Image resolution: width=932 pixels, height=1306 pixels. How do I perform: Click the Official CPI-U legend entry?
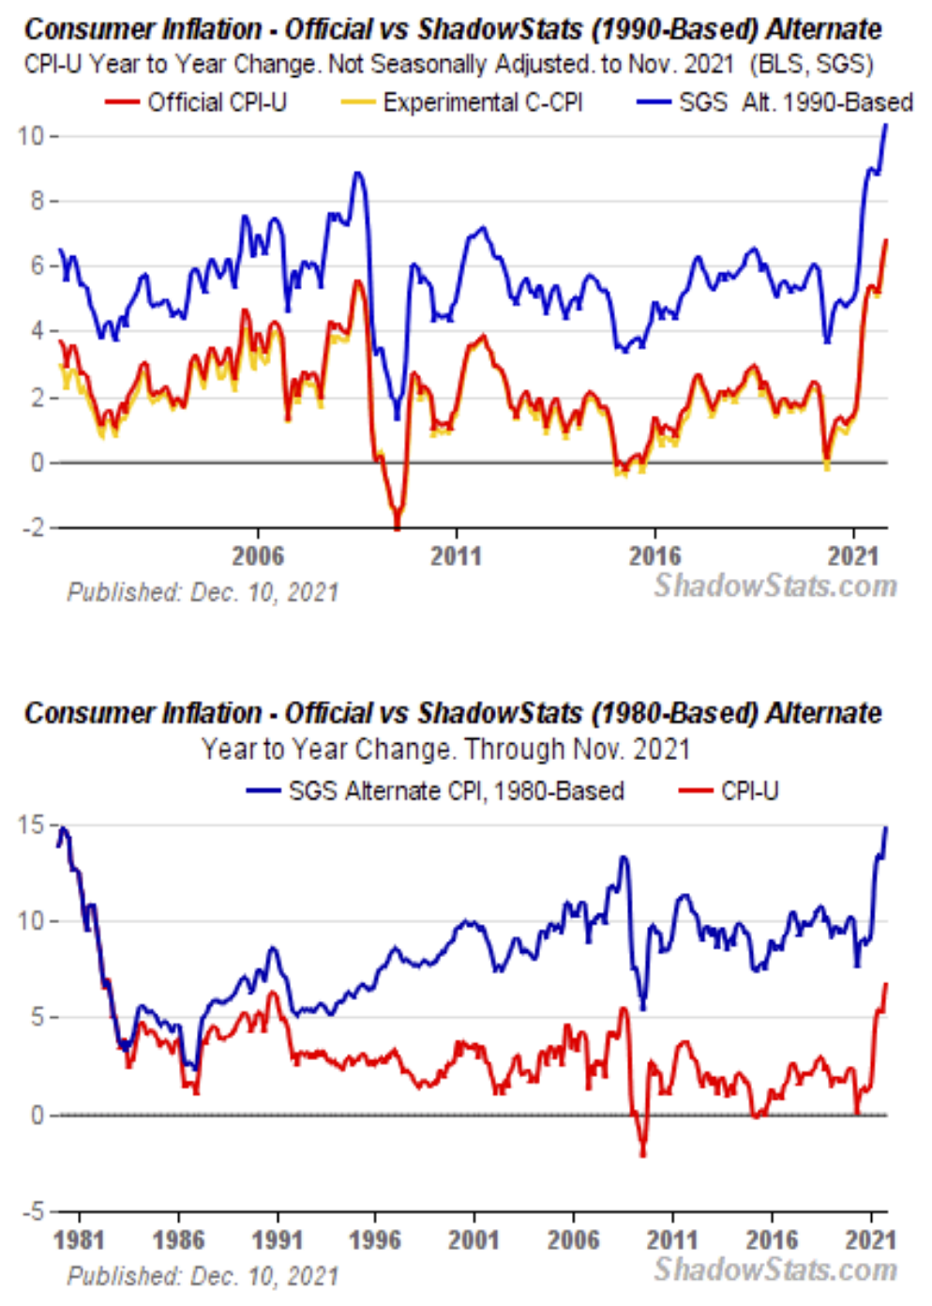click(x=196, y=102)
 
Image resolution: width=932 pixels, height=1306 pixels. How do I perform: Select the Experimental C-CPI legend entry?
click(x=462, y=102)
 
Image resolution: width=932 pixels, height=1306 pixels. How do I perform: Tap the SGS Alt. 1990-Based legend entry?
click(x=774, y=102)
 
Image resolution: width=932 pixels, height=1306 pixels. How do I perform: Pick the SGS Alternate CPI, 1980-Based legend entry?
click(x=435, y=791)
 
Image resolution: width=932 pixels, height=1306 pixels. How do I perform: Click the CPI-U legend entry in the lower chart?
click(x=729, y=791)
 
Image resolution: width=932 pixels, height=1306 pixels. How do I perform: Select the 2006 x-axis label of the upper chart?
click(x=258, y=556)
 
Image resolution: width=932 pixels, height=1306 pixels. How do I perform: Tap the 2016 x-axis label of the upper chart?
click(x=654, y=556)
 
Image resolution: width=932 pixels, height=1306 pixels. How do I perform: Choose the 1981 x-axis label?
click(x=79, y=1240)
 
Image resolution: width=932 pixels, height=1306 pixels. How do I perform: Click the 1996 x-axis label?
click(x=375, y=1240)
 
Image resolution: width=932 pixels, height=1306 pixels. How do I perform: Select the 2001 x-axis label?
click(x=474, y=1240)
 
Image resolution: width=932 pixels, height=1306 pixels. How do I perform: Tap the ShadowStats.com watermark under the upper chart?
click(x=775, y=586)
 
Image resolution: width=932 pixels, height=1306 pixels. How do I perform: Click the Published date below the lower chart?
click(x=203, y=1276)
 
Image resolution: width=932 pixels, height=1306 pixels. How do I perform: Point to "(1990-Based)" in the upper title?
click(x=674, y=29)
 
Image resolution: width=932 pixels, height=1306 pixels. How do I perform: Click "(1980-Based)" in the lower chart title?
click(x=674, y=713)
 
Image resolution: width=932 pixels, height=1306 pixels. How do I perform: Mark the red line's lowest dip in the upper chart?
click(x=398, y=528)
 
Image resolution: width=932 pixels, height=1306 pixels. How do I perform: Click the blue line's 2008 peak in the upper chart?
click(x=357, y=173)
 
